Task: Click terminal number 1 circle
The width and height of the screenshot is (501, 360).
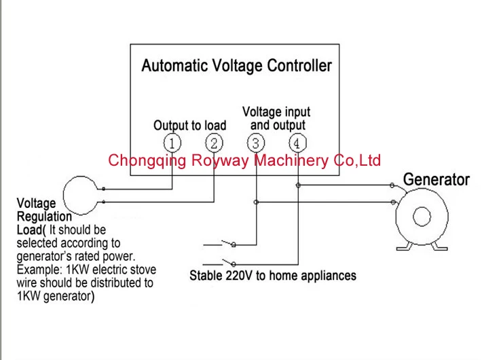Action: [x=174, y=143]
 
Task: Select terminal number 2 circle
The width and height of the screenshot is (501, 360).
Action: [x=214, y=143]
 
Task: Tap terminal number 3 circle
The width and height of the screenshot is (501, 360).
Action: [x=256, y=143]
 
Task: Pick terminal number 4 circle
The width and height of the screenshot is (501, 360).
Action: [x=297, y=143]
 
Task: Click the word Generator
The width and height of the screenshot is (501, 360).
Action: [x=437, y=180]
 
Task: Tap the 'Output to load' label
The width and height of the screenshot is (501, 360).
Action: [x=189, y=126]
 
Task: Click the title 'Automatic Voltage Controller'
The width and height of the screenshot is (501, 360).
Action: [x=236, y=66]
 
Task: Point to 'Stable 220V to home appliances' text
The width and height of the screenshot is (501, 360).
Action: [x=273, y=276]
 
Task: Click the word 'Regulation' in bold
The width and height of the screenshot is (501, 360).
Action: [x=44, y=217]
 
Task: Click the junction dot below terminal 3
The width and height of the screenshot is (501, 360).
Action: [x=256, y=202]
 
